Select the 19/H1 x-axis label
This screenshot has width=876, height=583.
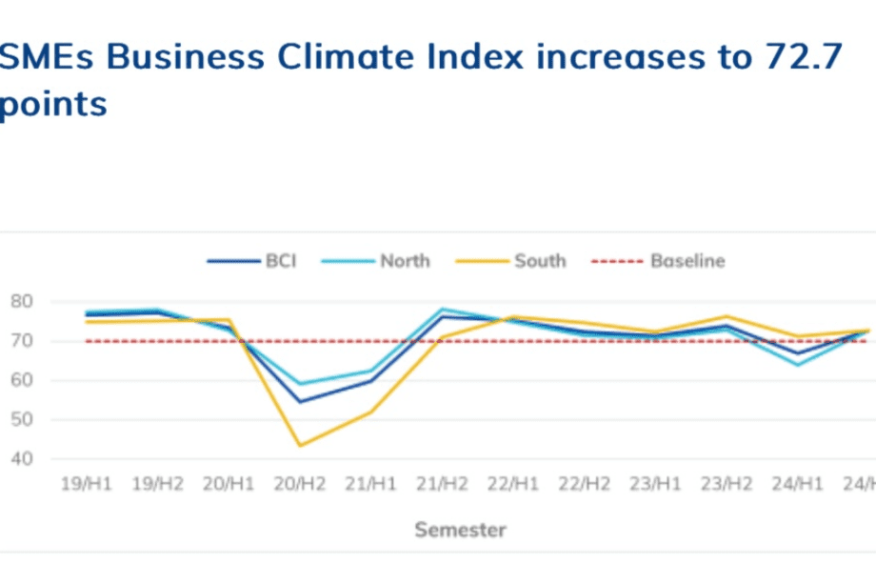pyautogui.click(x=86, y=485)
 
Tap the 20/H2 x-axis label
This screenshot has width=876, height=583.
pyautogui.click(x=301, y=485)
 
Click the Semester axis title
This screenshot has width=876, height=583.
pyautogui.click(x=460, y=530)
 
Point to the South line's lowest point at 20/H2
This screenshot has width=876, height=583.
pyautogui.click(x=301, y=445)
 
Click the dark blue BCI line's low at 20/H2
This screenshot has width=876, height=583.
pyautogui.click(x=301, y=401)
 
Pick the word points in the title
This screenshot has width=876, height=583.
pyautogui.click(x=53, y=104)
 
